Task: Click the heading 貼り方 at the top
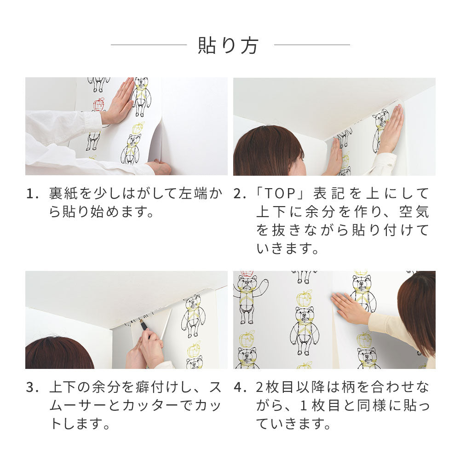[229, 46]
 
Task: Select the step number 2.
[238, 194]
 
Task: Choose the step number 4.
[238, 388]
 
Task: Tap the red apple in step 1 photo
[99, 104]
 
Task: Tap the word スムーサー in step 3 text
[74, 406]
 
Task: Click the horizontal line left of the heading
[149, 45]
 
